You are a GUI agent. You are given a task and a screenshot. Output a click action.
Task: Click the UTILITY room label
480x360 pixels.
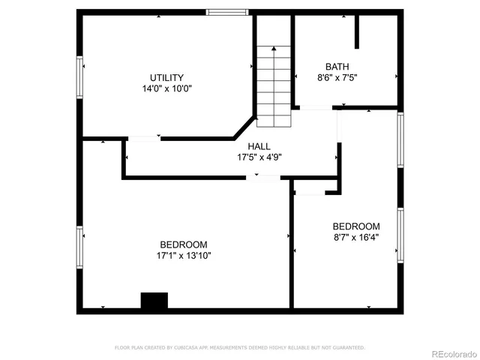tap(166, 77)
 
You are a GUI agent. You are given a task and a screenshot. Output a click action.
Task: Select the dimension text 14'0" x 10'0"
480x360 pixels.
tap(166, 88)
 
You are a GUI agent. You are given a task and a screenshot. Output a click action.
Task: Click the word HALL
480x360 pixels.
tap(259, 146)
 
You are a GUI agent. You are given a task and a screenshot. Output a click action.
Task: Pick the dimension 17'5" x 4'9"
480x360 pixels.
tap(259, 157)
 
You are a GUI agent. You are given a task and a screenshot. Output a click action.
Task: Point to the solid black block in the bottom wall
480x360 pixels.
tap(154, 301)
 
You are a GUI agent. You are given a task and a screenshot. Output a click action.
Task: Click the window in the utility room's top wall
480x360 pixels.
tap(228, 12)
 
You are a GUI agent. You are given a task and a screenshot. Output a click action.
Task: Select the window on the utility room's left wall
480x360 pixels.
tap(79, 76)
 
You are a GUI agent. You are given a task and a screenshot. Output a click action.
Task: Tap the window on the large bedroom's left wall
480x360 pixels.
tap(79, 251)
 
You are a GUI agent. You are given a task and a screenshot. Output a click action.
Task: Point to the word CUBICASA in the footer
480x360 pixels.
tap(193, 348)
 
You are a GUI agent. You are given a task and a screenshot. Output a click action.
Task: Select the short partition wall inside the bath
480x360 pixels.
tap(358, 31)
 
